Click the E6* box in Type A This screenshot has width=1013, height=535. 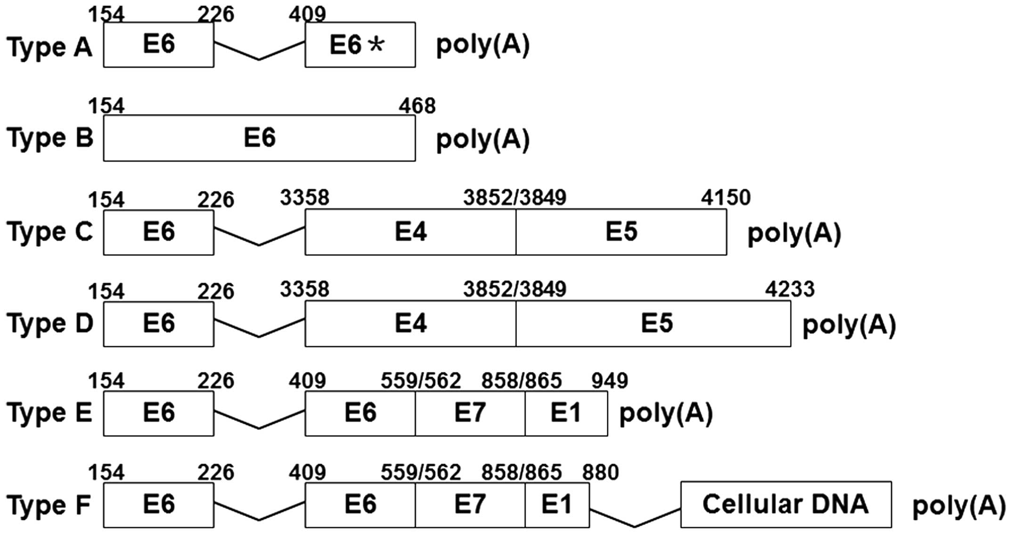click(x=360, y=45)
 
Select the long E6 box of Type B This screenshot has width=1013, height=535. click(x=259, y=138)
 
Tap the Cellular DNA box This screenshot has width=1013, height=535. click(x=785, y=504)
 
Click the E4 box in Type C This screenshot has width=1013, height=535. click(x=410, y=232)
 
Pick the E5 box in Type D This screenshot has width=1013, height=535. click(x=657, y=324)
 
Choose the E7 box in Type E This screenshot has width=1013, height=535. click(x=470, y=413)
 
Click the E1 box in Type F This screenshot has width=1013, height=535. click(x=557, y=505)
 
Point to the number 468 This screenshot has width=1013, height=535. click(x=417, y=106)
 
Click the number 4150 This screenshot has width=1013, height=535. click(x=726, y=198)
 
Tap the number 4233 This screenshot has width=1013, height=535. click(x=790, y=289)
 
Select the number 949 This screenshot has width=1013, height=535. click(x=610, y=381)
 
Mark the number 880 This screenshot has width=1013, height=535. click(x=600, y=472)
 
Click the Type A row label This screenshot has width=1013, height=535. click(x=49, y=47)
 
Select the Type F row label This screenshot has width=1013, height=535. click(x=49, y=506)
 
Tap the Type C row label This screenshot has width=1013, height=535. click(x=49, y=232)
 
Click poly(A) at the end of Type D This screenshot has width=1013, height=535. click(x=849, y=325)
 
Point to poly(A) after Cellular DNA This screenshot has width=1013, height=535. click(x=959, y=506)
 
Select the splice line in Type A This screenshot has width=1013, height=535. click(x=259, y=53)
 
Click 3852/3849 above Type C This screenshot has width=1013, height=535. click(x=515, y=198)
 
